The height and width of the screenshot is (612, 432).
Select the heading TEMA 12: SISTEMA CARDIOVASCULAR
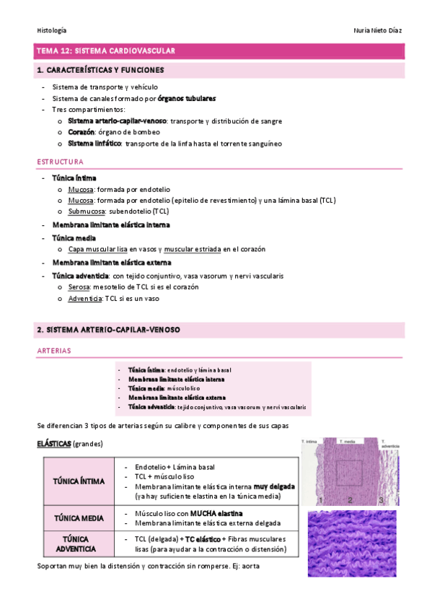pos(106,51)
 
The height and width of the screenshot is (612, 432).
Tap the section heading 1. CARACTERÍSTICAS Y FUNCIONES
pos(100,71)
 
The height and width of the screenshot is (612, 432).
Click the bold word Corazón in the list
pos(81,132)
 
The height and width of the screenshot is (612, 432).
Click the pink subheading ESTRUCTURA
pos(60,162)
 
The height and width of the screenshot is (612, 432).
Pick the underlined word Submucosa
pos(86,211)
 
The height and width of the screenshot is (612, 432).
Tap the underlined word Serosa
pos(80,287)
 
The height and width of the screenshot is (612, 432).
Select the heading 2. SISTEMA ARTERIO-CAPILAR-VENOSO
pos(108,330)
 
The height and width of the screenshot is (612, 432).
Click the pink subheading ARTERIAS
pos(53,351)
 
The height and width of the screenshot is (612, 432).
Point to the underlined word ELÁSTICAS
pos(53,443)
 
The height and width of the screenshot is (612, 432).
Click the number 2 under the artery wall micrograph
pos(348,499)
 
